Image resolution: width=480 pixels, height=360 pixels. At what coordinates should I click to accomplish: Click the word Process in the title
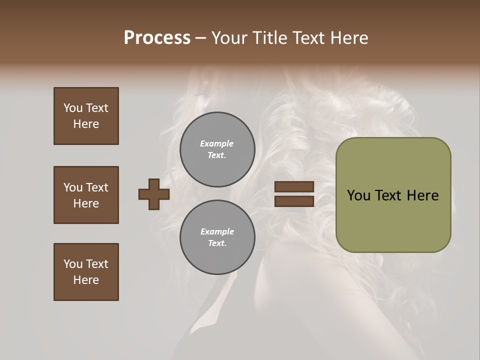pyautogui.click(x=157, y=38)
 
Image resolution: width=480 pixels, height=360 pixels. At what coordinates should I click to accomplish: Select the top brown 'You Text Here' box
pyautogui.click(x=86, y=116)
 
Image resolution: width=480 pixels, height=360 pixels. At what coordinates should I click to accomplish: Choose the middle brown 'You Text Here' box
pyautogui.click(x=86, y=195)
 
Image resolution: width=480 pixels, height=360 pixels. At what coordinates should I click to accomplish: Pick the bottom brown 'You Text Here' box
pyautogui.click(x=86, y=272)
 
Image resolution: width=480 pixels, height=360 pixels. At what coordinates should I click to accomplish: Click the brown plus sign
pyautogui.click(x=154, y=194)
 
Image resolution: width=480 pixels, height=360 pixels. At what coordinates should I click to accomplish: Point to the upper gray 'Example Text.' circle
pyautogui.click(x=217, y=149)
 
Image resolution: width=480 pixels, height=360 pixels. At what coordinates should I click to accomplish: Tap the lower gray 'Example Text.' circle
pyautogui.click(x=217, y=237)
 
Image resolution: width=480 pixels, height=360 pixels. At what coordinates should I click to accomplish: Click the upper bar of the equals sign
pyautogui.click(x=294, y=186)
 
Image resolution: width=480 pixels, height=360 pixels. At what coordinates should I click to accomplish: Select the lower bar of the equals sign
pyautogui.click(x=294, y=201)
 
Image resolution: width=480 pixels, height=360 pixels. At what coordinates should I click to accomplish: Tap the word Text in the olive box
pyautogui.click(x=392, y=195)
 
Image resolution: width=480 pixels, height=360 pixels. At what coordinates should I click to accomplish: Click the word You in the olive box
pyautogui.click(x=359, y=195)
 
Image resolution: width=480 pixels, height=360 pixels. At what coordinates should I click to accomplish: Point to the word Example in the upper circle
pyautogui.click(x=216, y=143)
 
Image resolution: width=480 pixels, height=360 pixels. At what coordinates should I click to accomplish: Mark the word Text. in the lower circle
pyautogui.click(x=217, y=243)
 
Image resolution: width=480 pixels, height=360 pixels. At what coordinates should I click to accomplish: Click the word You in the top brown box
pyautogui.click(x=73, y=108)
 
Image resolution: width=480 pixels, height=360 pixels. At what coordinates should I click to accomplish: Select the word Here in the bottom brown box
pyautogui.click(x=86, y=280)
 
